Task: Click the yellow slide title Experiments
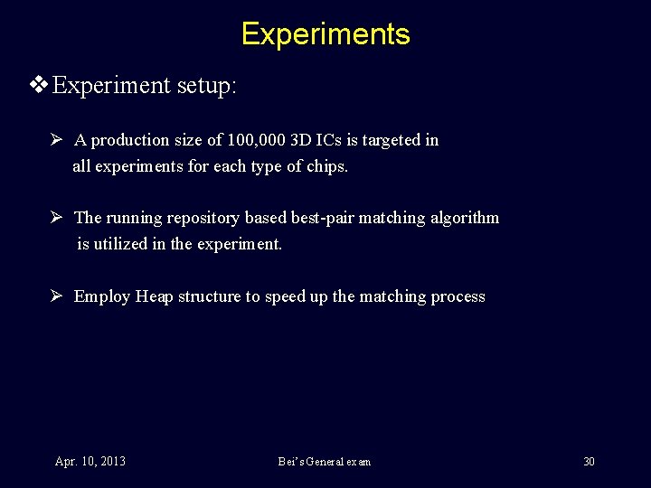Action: [325, 34]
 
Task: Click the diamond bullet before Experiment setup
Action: [39, 86]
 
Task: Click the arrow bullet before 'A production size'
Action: [56, 140]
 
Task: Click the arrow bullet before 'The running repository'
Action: [56, 218]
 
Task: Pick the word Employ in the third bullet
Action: [102, 296]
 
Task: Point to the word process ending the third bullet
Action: [459, 296]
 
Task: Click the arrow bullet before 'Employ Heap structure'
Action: [56, 296]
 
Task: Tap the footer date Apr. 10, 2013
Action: [90, 462]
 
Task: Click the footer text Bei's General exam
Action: [325, 462]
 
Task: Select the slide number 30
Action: [589, 462]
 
